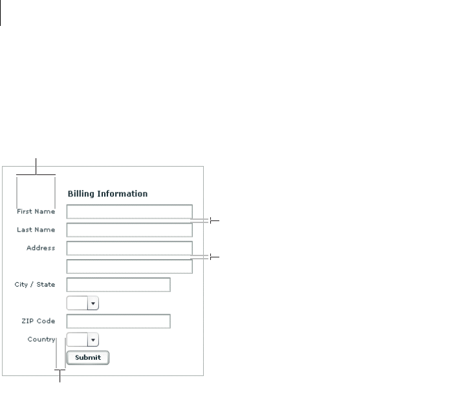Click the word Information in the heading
point(122,193)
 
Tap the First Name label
point(36,211)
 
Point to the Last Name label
point(36,230)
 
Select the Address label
point(41,248)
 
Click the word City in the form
point(21,284)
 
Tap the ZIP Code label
point(38,321)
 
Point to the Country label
point(41,338)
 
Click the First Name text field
point(129,212)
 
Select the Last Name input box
point(129,230)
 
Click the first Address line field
point(129,248)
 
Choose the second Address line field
point(129,266)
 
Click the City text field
point(118,285)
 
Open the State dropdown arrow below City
point(93,303)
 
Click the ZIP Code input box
point(118,321)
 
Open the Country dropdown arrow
point(93,339)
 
